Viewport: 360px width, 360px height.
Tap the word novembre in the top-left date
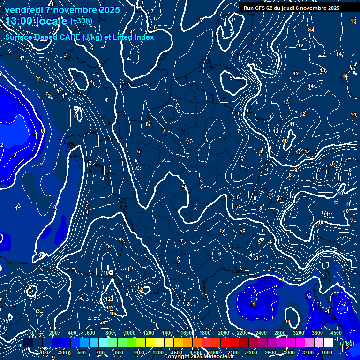point(75,10)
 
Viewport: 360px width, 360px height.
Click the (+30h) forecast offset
point(81,21)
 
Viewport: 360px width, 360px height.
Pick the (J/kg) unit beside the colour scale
point(346,343)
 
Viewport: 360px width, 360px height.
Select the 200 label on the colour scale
point(53,333)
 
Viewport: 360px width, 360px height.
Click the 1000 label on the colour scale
point(129,333)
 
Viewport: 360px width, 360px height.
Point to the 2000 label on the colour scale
point(224,333)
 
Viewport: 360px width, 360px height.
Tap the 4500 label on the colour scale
point(336,333)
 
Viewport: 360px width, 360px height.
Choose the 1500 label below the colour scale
point(177,352)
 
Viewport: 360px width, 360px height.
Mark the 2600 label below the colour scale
point(270,352)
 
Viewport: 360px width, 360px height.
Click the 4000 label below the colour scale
point(327,352)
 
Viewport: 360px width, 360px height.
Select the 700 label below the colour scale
point(100,352)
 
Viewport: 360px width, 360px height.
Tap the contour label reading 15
point(352,69)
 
